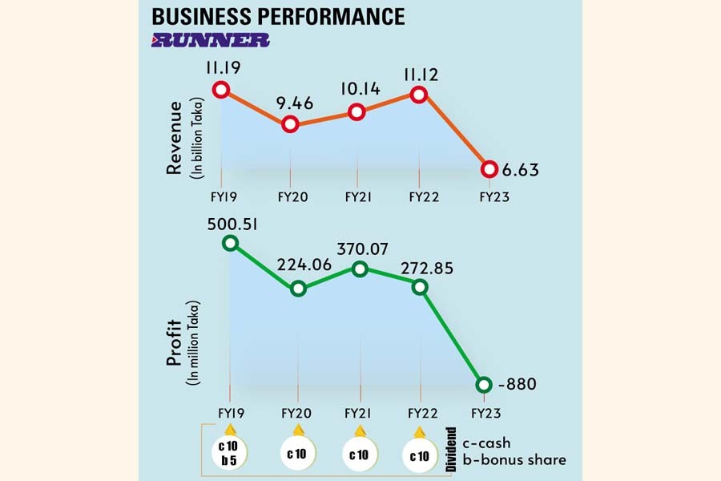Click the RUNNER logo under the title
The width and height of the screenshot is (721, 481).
point(211,38)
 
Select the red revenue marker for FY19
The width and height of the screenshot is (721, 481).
point(222,89)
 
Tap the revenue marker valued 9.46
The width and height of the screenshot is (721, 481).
point(290,124)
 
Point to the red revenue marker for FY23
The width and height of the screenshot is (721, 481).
point(488,169)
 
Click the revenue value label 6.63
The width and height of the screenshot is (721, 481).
point(521,170)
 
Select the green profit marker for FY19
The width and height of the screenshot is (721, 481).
point(230,243)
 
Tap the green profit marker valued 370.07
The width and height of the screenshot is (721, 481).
point(360,269)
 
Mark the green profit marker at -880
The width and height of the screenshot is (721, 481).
point(483,385)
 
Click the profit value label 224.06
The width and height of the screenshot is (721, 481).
point(298,265)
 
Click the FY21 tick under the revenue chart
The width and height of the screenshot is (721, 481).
point(356,196)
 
